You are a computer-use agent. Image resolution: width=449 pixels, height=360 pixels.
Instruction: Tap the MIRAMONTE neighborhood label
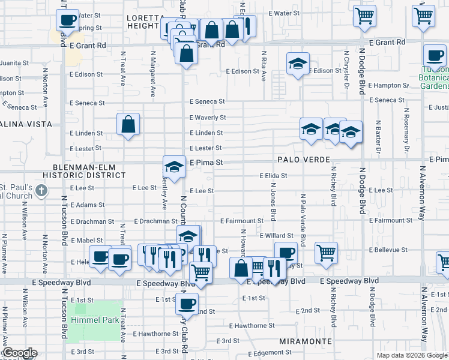point(306,341)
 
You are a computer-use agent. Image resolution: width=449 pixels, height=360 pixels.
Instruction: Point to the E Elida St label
point(273,176)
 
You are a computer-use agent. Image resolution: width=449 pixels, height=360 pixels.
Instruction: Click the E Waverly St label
point(208,118)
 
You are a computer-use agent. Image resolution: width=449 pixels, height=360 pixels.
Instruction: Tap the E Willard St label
point(276,236)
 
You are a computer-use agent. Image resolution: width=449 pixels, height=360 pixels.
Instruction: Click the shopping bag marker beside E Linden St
point(128,125)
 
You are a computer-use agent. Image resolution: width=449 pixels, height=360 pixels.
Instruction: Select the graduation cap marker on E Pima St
point(174,166)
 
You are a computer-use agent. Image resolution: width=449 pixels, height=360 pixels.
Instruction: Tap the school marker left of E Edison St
point(297,64)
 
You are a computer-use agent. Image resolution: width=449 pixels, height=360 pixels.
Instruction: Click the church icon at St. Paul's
point(41,191)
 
